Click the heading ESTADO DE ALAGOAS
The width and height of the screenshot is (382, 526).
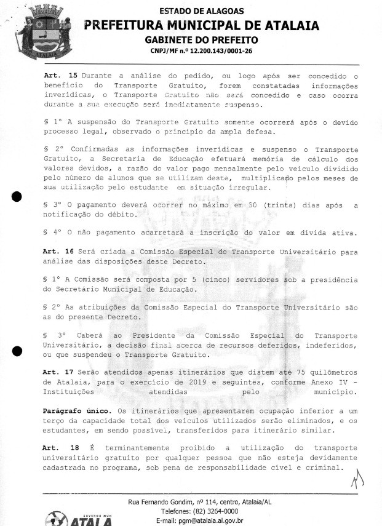tap(201, 11)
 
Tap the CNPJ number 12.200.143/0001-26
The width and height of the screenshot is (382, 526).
tap(213, 52)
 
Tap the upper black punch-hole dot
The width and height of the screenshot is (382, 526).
tap(18, 196)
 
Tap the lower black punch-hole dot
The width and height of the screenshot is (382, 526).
tap(18, 351)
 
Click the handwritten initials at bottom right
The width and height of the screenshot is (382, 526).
tap(355, 477)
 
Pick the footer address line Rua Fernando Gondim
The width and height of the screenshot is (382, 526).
tap(199, 502)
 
